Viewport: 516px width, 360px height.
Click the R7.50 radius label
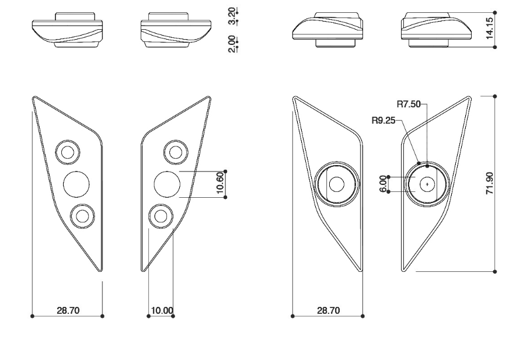point(409,104)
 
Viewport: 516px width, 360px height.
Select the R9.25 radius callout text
point(383,120)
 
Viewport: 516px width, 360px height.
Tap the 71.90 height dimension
point(490,183)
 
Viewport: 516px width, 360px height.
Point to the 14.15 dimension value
point(490,29)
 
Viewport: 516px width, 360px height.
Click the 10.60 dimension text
point(220,183)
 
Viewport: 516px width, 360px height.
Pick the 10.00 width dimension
point(162,310)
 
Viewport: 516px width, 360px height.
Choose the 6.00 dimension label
point(383,184)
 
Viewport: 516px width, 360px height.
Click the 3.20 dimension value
point(232,16)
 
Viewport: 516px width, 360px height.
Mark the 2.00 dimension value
point(232,44)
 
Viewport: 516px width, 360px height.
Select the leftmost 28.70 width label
point(68,310)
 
